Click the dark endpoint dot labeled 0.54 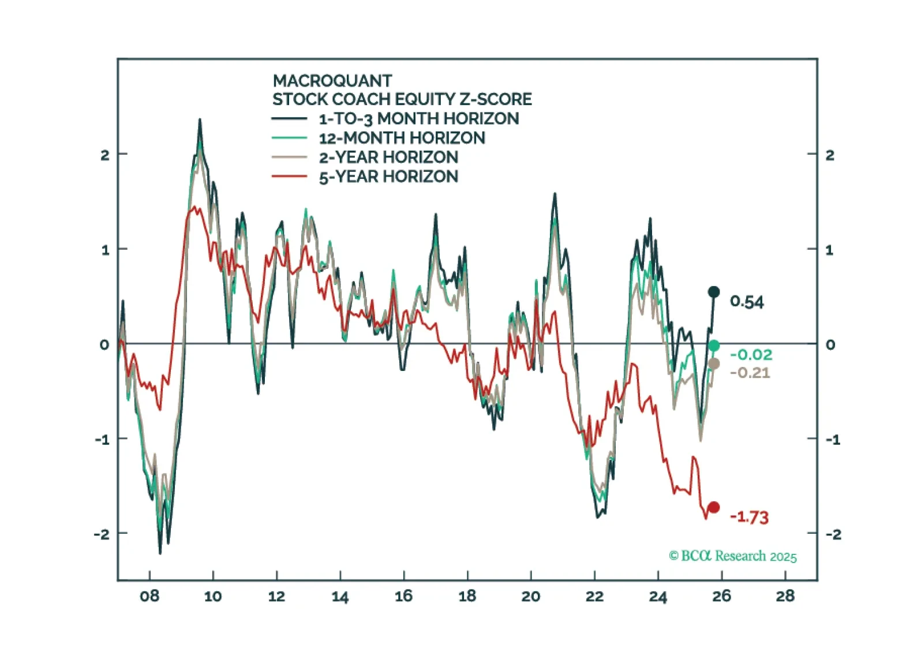click(x=714, y=292)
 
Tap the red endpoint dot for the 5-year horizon click(x=714, y=508)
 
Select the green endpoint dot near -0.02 click(x=714, y=346)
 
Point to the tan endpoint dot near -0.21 click(x=714, y=363)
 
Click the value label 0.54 click(x=746, y=302)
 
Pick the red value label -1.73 click(x=749, y=517)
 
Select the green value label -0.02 click(x=751, y=354)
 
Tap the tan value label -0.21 click(x=750, y=373)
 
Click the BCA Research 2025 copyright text click(x=732, y=556)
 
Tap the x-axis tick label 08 click(x=149, y=596)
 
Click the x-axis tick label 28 click(x=785, y=596)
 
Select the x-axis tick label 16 click(x=403, y=596)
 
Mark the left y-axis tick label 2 click(x=104, y=155)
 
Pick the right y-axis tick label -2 click(x=833, y=534)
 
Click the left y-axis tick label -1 click(x=102, y=440)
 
